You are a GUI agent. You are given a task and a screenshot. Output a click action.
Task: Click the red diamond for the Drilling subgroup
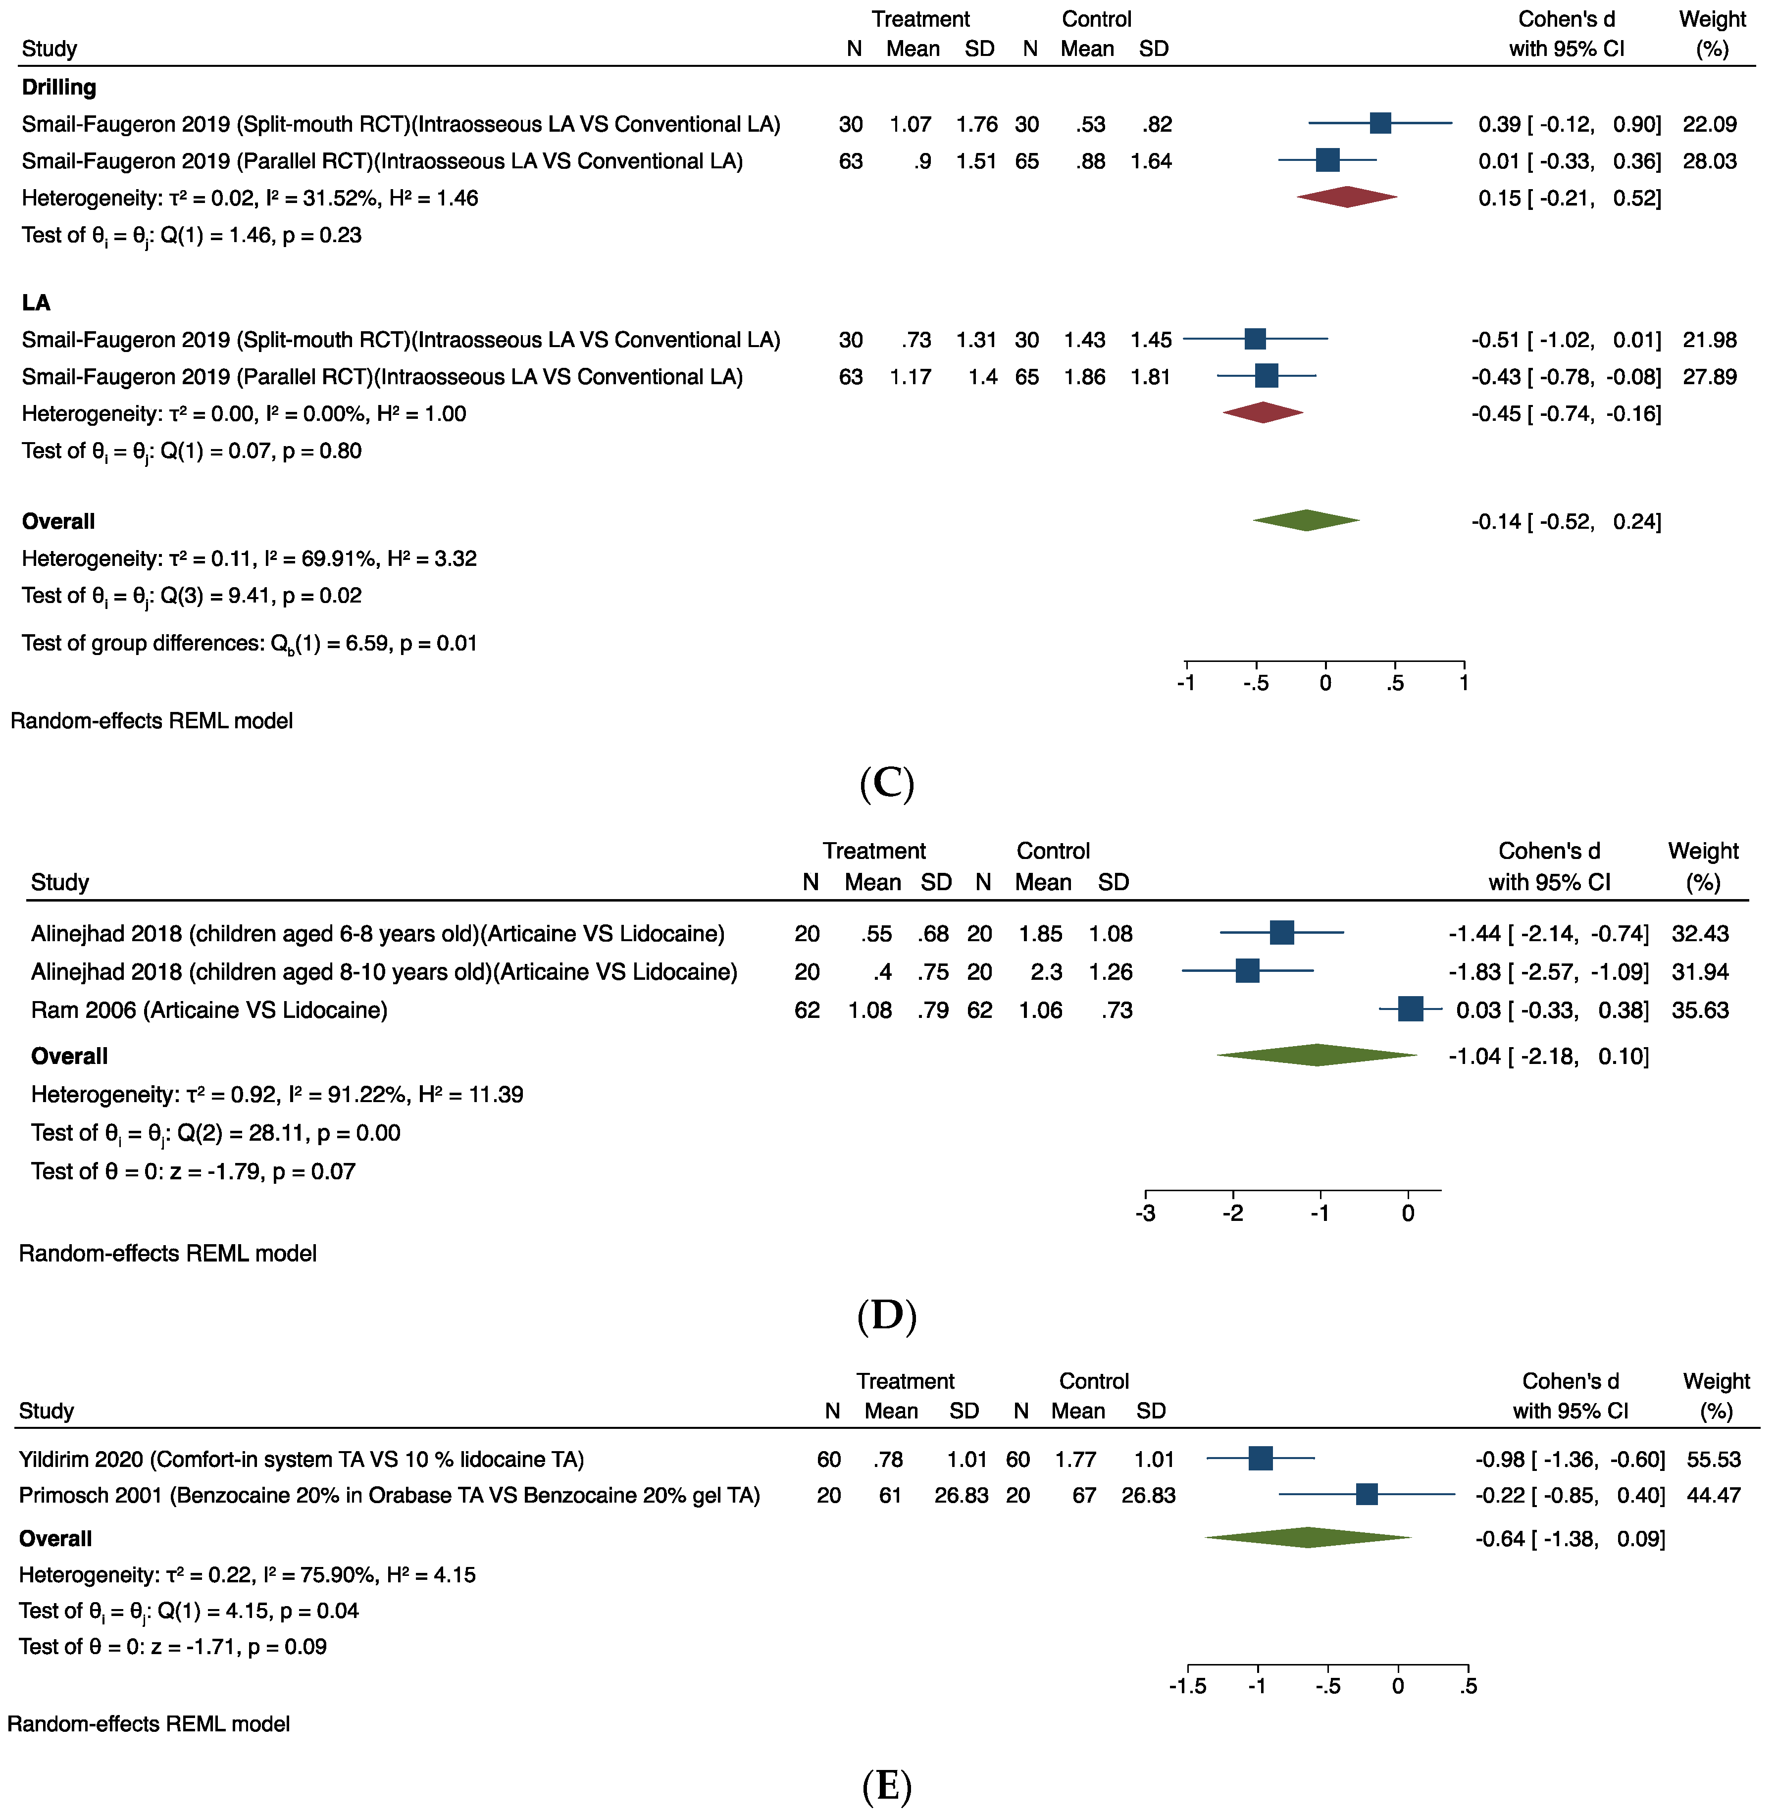coord(1347,197)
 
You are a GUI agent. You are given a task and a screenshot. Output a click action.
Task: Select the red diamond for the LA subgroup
coord(1263,412)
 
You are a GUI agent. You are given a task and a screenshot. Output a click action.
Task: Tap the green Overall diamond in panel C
coord(1307,521)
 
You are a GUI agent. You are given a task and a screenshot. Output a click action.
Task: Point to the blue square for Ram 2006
coord(1410,1009)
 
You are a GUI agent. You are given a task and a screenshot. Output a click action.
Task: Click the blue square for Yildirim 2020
coord(1260,1458)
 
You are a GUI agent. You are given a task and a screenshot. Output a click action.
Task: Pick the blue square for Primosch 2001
coord(1367,1494)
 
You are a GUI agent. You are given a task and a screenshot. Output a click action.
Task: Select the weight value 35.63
coord(1700,1010)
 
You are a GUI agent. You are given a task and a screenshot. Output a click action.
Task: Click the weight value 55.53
coord(1714,1459)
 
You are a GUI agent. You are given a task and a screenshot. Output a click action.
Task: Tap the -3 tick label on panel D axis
coord(1145,1213)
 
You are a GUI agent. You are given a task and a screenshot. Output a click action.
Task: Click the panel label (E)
coord(887,1785)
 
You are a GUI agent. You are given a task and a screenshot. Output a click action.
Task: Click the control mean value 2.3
coord(1046,971)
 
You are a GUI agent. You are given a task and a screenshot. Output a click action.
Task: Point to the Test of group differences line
coord(249,643)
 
